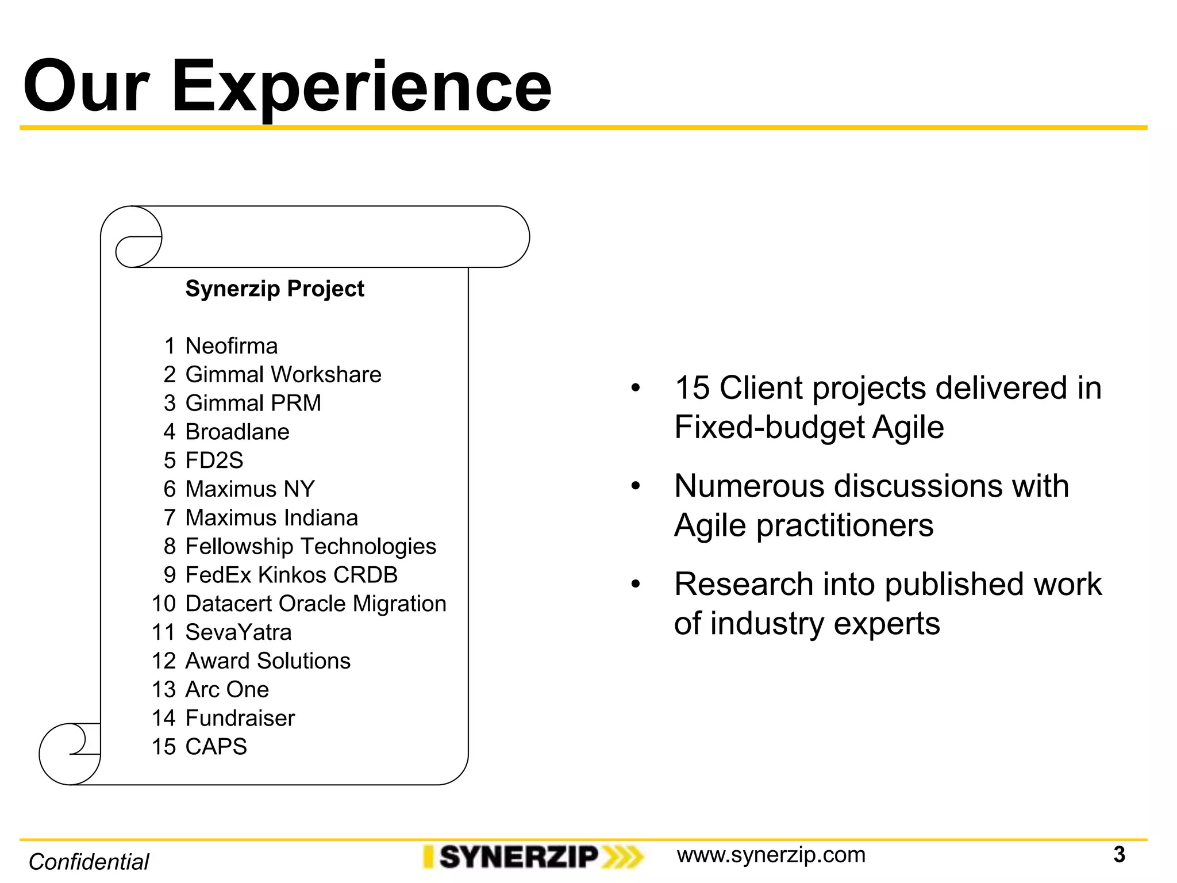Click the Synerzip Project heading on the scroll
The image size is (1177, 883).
click(274, 289)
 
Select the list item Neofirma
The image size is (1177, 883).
click(231, 346)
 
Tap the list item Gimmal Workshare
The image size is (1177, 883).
click(283, 375)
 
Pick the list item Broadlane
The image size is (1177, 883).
click(237, 432)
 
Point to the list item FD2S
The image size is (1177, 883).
click(214, 460)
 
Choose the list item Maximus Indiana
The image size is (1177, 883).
click(271, 518)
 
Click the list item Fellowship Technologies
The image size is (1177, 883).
click(310, 547)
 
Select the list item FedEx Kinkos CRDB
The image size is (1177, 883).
click(291, 575)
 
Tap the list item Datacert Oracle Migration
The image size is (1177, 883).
click(316, 604)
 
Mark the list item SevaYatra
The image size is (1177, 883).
click(238, 632)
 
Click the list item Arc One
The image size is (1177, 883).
click(227, 689)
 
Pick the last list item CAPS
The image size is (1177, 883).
click(216, 747)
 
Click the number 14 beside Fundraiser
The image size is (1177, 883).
click(163, 718)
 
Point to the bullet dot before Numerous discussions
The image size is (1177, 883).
click(635, 486)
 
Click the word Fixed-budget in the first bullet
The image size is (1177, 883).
click(769, 428)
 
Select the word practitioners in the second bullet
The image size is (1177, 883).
click(844, 526)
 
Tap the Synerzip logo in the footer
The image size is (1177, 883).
click(532, 857)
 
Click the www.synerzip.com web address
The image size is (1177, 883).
click(771, 855)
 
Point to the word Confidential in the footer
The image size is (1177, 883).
click(89, 862)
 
